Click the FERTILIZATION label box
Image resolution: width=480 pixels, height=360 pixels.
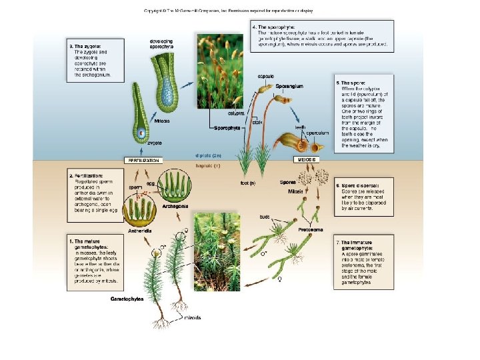pyautogui.click(x=143, y=160)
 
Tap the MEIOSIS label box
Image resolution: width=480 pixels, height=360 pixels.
pyautogui.click(x=307, y=160)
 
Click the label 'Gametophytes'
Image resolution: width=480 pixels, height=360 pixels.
pyautogui.click(x=127, y=299)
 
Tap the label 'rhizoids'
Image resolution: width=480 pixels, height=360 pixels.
pyautogui.click(x=193, y=317)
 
